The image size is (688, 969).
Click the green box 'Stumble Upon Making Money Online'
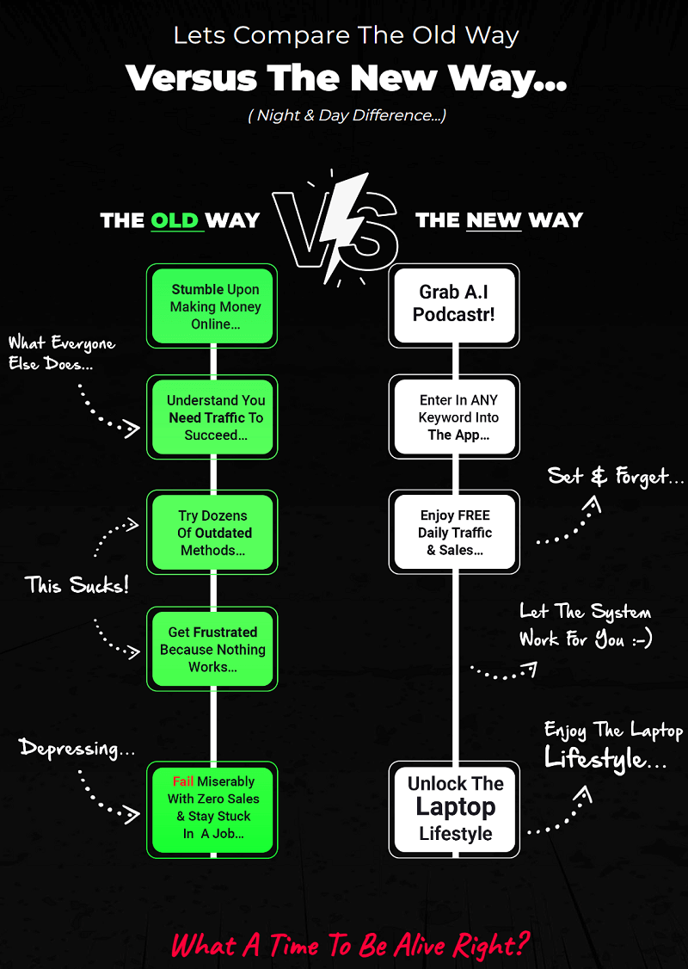pyautogui.click(x=212, y=306)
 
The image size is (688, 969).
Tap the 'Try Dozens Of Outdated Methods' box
pyautogui.click(x=212, y=533)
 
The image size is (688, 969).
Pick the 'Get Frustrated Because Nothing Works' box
pyautogui.click(x=212, y=649)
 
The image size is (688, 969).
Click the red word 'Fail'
pyautogui.click(x=183, y=781)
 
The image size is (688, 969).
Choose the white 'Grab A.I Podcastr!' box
pyautogui.click(x=454, y=305)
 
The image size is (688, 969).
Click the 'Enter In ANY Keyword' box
pyautogui.click(x=454, y=417)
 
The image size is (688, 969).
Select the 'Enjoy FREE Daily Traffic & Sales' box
pyautogui.click(x=454, y=533)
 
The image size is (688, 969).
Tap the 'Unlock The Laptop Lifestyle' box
pyautogui.click(x=454, y=809)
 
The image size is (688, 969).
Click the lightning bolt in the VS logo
pyautogui.click(x=344, y=225)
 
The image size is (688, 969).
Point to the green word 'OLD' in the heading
pyautogui.click(x=175, y=220)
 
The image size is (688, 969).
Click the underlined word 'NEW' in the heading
pyautogui.click(x=494, y=220)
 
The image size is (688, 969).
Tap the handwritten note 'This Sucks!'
pyautogui.click(x=77, y=586)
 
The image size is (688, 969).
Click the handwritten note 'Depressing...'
pyautogui.click(x=77, y=748)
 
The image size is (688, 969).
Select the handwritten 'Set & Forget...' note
pyautogui.click(x=616, y=475)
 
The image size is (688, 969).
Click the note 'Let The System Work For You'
pyautogui.click(x=585, y=626)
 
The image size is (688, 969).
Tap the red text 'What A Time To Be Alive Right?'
pyautogui.click(x=350, y=944)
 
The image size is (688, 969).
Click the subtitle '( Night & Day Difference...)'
pyautogui.click(x=347, y=115)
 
